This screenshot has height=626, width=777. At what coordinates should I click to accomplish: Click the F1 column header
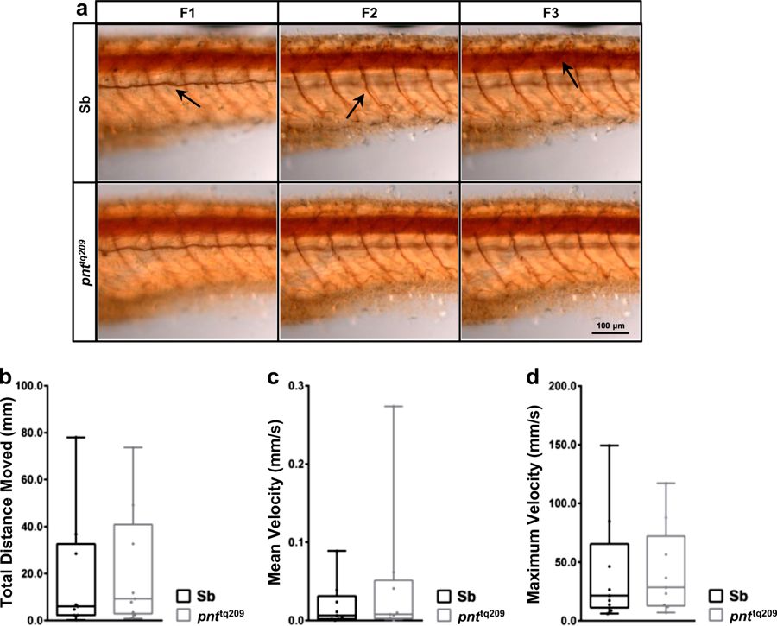click(187, 12)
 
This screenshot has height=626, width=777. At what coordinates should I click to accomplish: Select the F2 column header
click(370, 12)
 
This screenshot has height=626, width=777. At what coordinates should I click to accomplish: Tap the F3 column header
click(550, 12)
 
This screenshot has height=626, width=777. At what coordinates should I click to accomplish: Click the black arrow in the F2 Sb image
click(355, 107)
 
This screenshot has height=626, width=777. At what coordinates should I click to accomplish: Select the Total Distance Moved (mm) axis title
click(9, 501)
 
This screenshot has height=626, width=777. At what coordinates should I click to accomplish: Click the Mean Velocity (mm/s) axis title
click(280, 501)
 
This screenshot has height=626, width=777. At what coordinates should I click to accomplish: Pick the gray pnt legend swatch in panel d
click(717, 614)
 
